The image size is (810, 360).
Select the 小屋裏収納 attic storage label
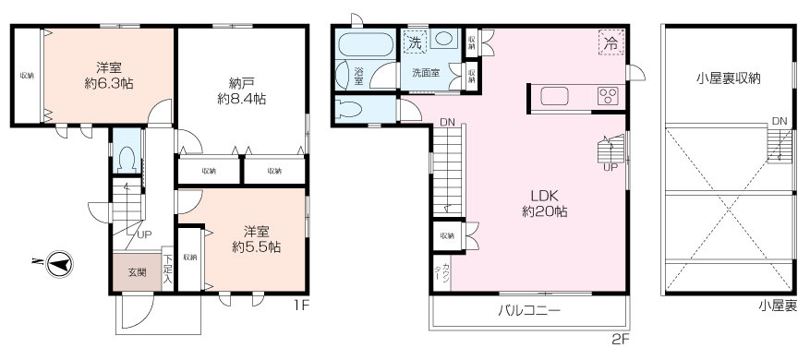click(x=728, y=78)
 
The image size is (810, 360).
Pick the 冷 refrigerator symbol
click(x=610, y=42)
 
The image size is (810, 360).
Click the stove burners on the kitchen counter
click(x=608, y=96)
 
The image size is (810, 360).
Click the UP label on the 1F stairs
click(x=143, y=234)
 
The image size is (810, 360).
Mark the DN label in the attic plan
click(x=779, y=121)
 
